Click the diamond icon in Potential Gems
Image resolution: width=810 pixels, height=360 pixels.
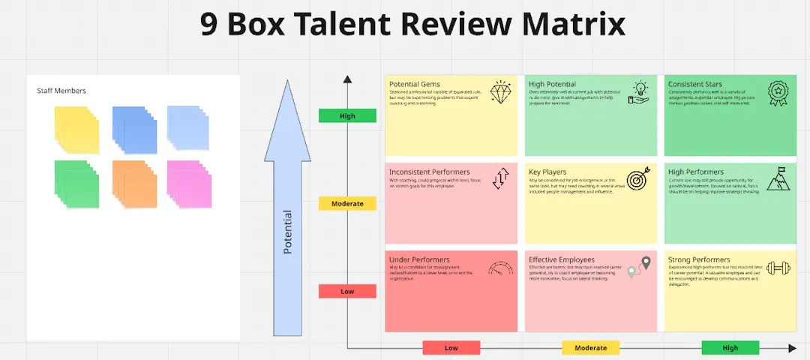(500, 91)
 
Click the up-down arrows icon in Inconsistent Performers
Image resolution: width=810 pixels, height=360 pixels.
(500, 178)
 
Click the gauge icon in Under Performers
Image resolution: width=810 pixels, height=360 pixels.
(500, 268)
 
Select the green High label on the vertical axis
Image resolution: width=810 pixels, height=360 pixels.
(347, 115)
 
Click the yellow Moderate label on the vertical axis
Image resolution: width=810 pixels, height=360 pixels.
(347, 203)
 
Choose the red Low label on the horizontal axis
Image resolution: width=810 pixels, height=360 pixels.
(451, 348)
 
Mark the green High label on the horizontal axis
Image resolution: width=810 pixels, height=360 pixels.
(730, 348)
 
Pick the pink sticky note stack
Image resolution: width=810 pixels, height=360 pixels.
(189, 184)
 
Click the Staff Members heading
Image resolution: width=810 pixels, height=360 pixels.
(61, 91)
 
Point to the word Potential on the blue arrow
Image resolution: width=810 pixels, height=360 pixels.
(287, 232)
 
